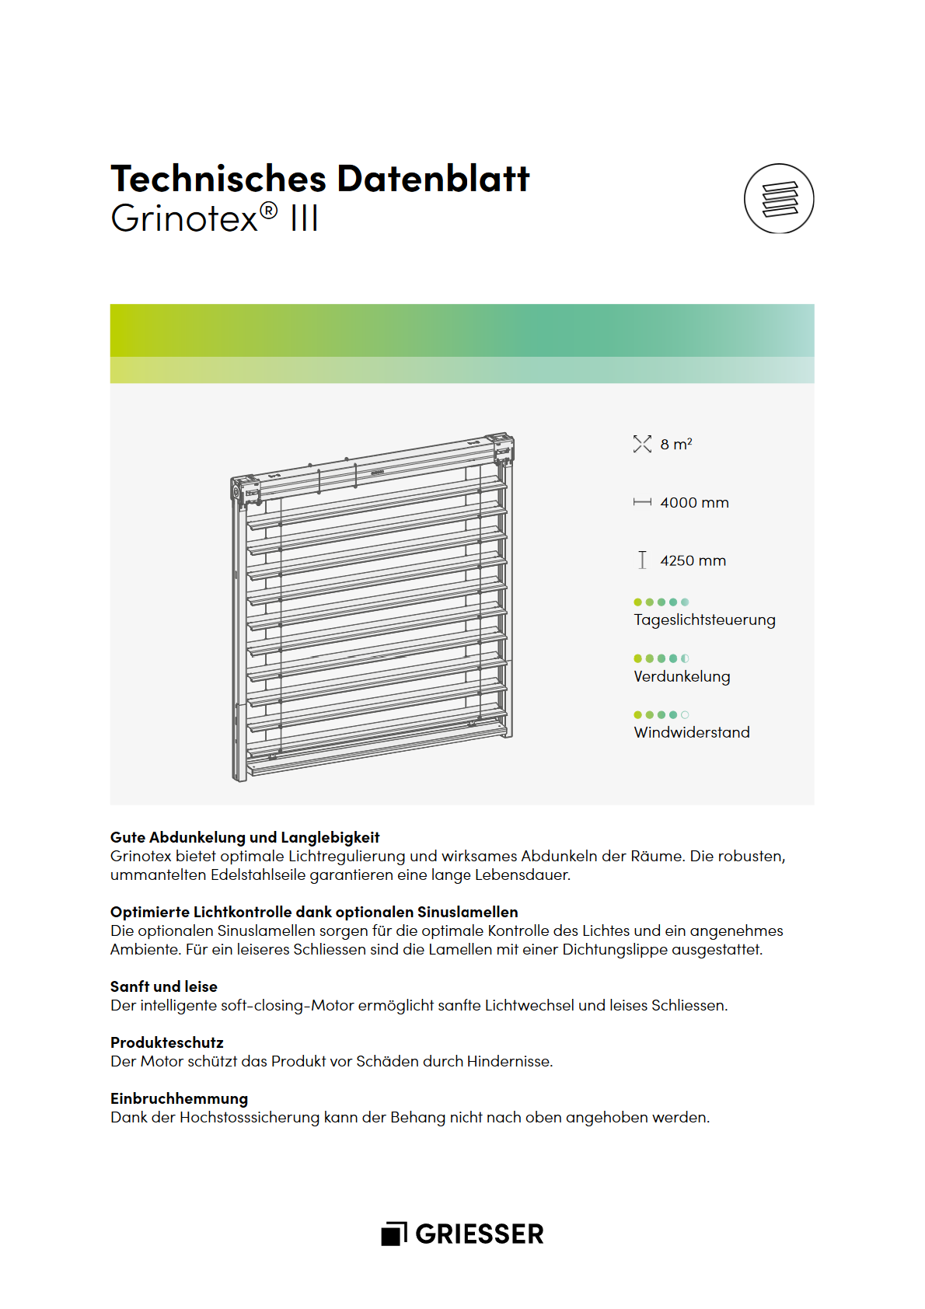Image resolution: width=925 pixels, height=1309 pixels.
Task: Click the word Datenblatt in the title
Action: click(x=433, y=179)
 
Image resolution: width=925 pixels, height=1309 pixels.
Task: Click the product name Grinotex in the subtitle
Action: click(x=184, y=218)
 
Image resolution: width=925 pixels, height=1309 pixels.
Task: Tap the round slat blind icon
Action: click(x=779, y=199)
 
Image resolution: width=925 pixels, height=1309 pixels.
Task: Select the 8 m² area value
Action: click(x=676, y=445)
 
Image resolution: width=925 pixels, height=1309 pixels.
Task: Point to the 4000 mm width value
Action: click(x=694, y=503)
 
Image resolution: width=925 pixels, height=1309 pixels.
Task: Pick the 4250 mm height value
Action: click(x=693, y=561)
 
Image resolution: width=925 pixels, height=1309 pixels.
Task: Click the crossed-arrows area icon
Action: click(x=642, y=444)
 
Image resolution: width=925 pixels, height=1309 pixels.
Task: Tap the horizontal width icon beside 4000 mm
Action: click(x=642, y=503)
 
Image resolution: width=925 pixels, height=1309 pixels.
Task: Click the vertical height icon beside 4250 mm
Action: click(x=642, y=560)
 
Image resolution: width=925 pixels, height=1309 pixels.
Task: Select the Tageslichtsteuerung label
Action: click(x=704, y=620)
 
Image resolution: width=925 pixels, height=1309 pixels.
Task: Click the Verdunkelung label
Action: click(x=682, y=677)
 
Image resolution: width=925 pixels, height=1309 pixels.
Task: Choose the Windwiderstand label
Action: click(x=692, y=733)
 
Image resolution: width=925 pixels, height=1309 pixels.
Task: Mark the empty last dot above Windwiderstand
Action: click(x=685, y=715)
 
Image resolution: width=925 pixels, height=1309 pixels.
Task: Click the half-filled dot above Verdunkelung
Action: click(x=685, y=658)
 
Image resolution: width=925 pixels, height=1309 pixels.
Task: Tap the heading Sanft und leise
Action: click(x=164, y=987)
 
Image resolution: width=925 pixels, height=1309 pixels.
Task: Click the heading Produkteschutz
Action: click(x=167, y=1043)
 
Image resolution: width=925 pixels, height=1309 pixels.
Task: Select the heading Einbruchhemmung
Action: click(x=179, y=1099)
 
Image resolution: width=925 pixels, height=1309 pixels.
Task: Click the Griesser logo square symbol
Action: click(x=394, y=1234)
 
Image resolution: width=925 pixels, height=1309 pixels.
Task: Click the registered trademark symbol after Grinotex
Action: click(x=268, y=211)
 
